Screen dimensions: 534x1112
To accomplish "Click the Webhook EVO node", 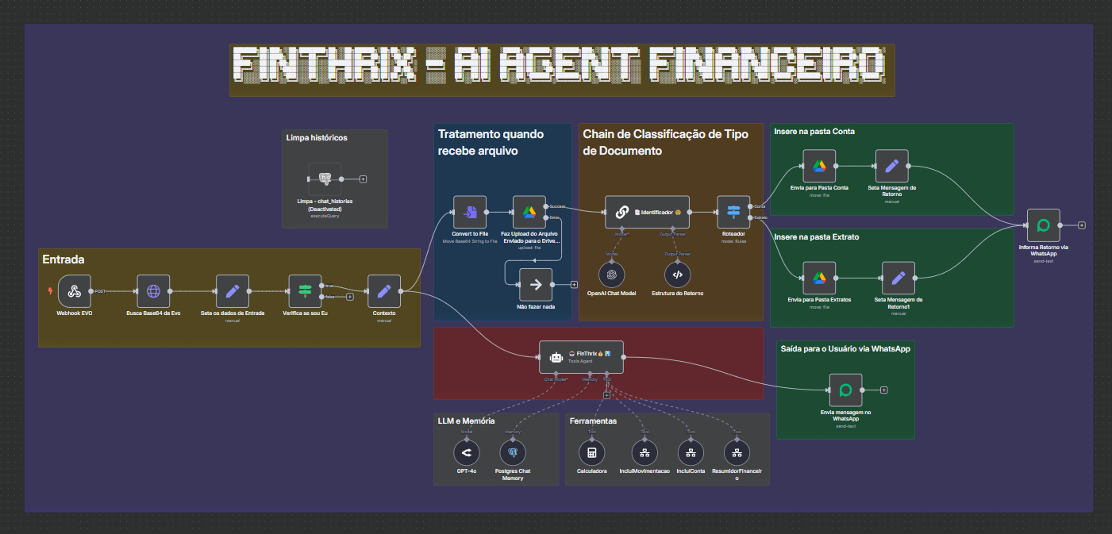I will click(x=75, y=291).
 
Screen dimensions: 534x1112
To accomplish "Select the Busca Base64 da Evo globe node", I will click(x=153, y=291).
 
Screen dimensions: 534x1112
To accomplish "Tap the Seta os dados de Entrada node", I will click(x=233, y=291).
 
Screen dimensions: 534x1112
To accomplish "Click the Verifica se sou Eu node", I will click(x=305, y=291).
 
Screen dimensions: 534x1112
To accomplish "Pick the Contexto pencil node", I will click(x=384, y=291).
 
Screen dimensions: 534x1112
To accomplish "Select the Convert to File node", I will click(x=470, y=212).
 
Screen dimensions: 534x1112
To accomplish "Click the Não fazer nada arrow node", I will click(x=535, y=284).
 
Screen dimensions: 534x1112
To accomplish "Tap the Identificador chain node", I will click(x=647, y=212).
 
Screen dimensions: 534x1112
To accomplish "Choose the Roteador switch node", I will click(x=733, y=212).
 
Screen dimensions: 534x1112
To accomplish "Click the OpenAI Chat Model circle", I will click(x=611, y=274).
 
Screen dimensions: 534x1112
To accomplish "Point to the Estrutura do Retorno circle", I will click(x=676, y=274).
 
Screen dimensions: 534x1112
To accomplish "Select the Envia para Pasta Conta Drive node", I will click(x=819, y=166).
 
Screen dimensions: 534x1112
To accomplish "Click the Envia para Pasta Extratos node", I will click(x=819, y=278).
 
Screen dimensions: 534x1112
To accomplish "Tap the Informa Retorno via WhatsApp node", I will click(x=1044, y=225).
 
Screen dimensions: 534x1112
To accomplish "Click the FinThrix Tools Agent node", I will click(x=581, y=357).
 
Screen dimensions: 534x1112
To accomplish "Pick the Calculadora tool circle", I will click(x=591, y=453).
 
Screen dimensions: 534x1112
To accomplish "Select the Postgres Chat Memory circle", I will click(x=513, y=453).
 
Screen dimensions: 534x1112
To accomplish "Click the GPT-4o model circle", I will click(x=467, y=453).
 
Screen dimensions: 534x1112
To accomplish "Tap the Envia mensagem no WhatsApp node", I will click(x=845, y=390).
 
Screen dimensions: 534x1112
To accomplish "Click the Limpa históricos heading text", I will click(x=317, y=137).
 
